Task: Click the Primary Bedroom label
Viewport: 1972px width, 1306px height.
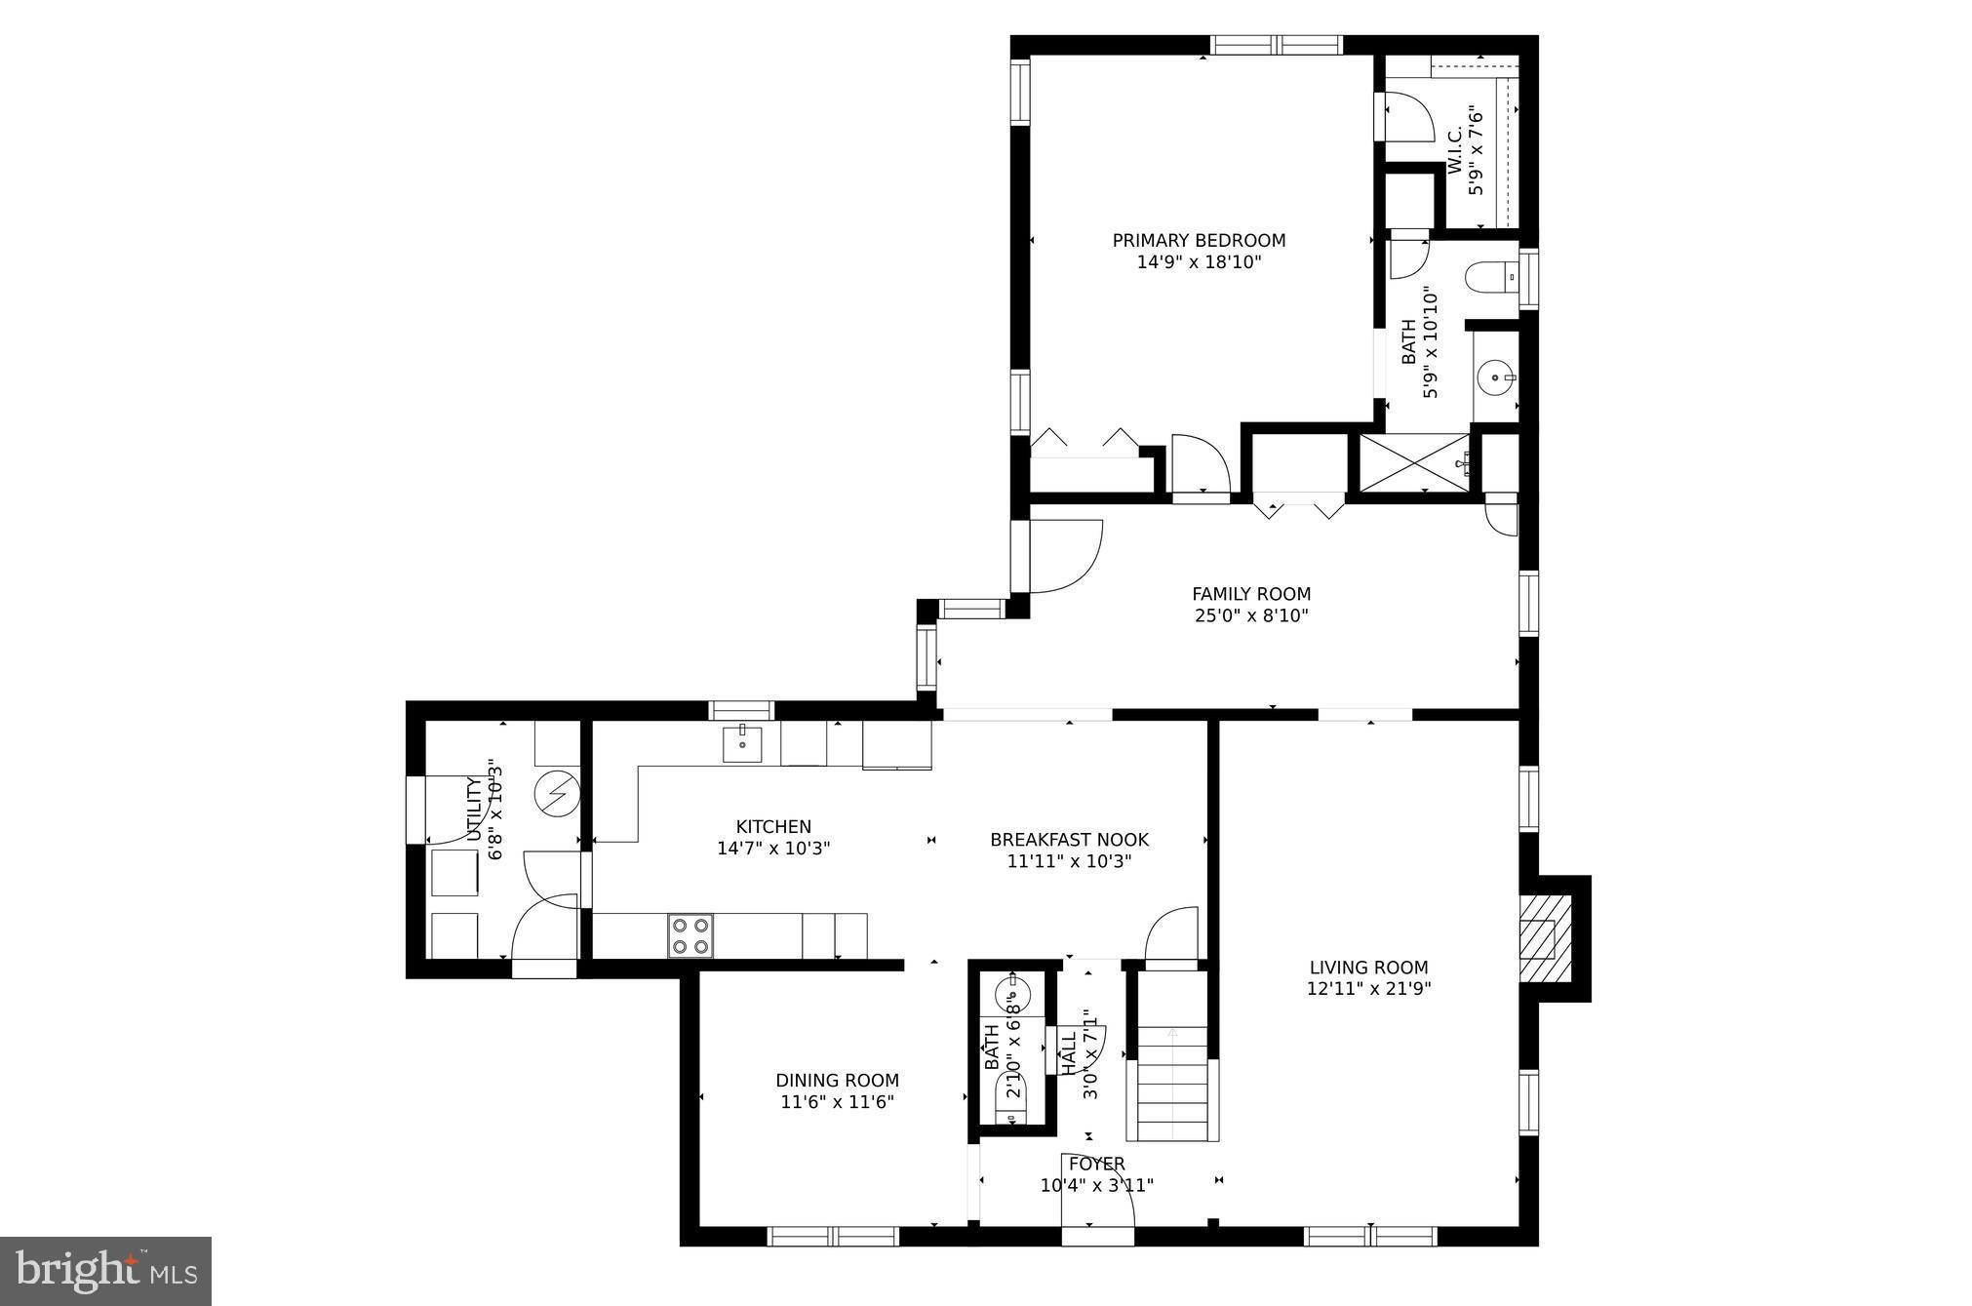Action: click(1199, 241)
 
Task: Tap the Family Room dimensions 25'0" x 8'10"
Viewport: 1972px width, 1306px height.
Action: click(1250, 615)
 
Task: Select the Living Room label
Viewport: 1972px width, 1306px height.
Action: click(1368, 968)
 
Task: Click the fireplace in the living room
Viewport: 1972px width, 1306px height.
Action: click(1546, 937)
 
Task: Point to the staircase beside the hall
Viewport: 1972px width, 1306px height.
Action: click(1172, 1084)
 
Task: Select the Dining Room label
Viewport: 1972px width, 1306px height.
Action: click(837, 1080)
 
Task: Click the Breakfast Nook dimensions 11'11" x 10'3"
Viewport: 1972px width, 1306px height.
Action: click(1069, 861)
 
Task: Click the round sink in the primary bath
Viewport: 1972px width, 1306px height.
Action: click(1494, 376)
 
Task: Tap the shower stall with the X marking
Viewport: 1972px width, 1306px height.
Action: click(1414, 463)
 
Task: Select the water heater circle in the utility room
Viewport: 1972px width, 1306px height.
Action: click(557, 793)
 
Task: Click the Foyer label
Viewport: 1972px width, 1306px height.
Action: click(1096, 1164)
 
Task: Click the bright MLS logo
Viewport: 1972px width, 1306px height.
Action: click(105, 1270)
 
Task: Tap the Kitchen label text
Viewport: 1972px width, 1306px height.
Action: click(773, 827)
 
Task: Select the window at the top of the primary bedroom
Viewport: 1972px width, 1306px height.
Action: click(1276, 45)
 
